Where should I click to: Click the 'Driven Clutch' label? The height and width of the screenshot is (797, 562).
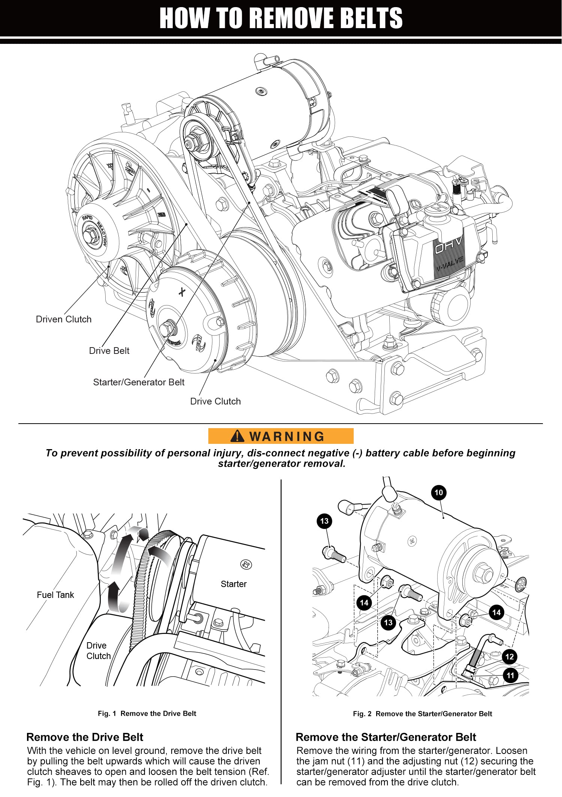click(x=64, y=319)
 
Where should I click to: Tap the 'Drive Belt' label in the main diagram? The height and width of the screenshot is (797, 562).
click(x=109, y=351)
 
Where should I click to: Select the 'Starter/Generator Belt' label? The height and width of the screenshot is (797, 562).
click(x=139, y=382)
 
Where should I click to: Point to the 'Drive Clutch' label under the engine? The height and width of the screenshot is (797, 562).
click(x=215, y=401)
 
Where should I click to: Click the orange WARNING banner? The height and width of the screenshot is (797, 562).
click(x=281, y=436)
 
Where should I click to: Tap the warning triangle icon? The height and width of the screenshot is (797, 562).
click(x=238, y=436)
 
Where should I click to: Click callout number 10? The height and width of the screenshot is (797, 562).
click(x=439, y=492)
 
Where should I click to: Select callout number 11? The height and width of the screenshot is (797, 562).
click(x=510, y=676)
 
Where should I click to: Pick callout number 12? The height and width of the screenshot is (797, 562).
click(x=510, y=656)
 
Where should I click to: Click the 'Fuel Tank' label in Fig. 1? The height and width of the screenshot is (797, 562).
click(x=55, y=595)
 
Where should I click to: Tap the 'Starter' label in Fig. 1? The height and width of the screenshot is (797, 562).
click(x=233, y=584)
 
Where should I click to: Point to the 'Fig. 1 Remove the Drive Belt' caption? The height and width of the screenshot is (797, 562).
click(x=147, y=713)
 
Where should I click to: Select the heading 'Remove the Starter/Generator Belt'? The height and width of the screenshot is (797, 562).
click(x=386, y=737)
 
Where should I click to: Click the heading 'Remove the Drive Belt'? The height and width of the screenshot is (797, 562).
click(x=85, y=737)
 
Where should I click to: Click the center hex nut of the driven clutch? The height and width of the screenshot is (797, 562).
click(x=90, y=236)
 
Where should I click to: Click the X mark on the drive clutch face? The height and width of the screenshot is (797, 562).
click(x=182, y=292)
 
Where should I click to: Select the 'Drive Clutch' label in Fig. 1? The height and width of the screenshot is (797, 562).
click(x=98, y=650)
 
